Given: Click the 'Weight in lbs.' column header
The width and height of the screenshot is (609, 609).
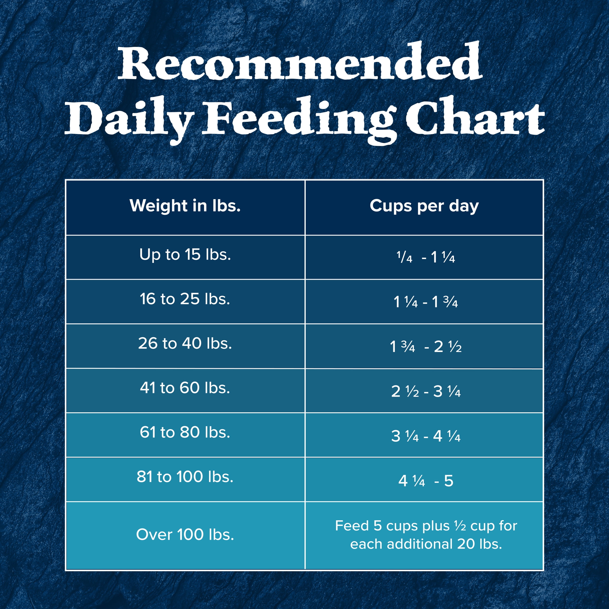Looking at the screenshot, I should click(185, 206).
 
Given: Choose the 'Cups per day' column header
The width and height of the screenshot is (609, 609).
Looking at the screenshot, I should click(424, 206).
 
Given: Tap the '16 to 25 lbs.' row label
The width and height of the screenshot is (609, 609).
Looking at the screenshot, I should click(185, 299).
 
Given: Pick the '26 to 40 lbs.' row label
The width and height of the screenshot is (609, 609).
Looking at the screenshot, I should click(185, 343).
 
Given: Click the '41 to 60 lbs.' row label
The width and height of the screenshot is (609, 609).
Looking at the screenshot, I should click(185, 388).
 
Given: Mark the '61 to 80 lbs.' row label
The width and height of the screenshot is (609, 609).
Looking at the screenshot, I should click(185, 432).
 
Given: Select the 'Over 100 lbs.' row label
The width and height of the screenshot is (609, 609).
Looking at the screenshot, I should click(185, 535).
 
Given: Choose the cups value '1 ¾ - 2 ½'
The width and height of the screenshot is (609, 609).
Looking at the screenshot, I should click(426, 347).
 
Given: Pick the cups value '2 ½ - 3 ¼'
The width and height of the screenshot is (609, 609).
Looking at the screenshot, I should click(426, 392).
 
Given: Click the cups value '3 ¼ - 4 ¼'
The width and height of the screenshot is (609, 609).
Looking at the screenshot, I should click(426, 436).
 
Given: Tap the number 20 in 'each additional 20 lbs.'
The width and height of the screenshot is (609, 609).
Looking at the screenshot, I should click(466, 544).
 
